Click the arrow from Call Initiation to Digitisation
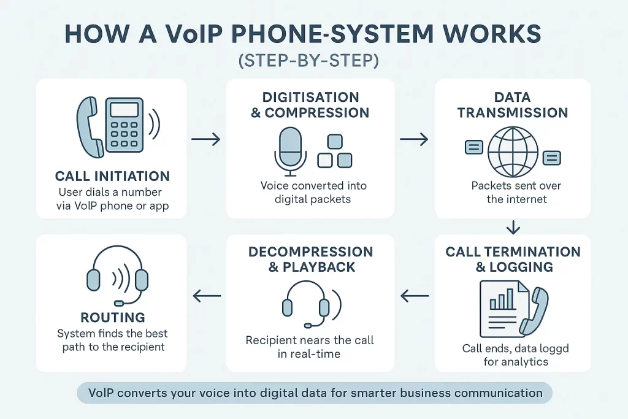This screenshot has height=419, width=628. coord(205,140)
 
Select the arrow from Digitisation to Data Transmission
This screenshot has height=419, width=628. coord(414,140)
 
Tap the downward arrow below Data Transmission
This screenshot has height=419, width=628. coord(513,228)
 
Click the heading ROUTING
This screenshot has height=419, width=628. coord(112,317)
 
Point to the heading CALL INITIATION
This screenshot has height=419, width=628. coord(112,176)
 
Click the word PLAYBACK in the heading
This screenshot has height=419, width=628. coord(318,267)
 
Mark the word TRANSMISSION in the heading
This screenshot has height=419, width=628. coord(513,112)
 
